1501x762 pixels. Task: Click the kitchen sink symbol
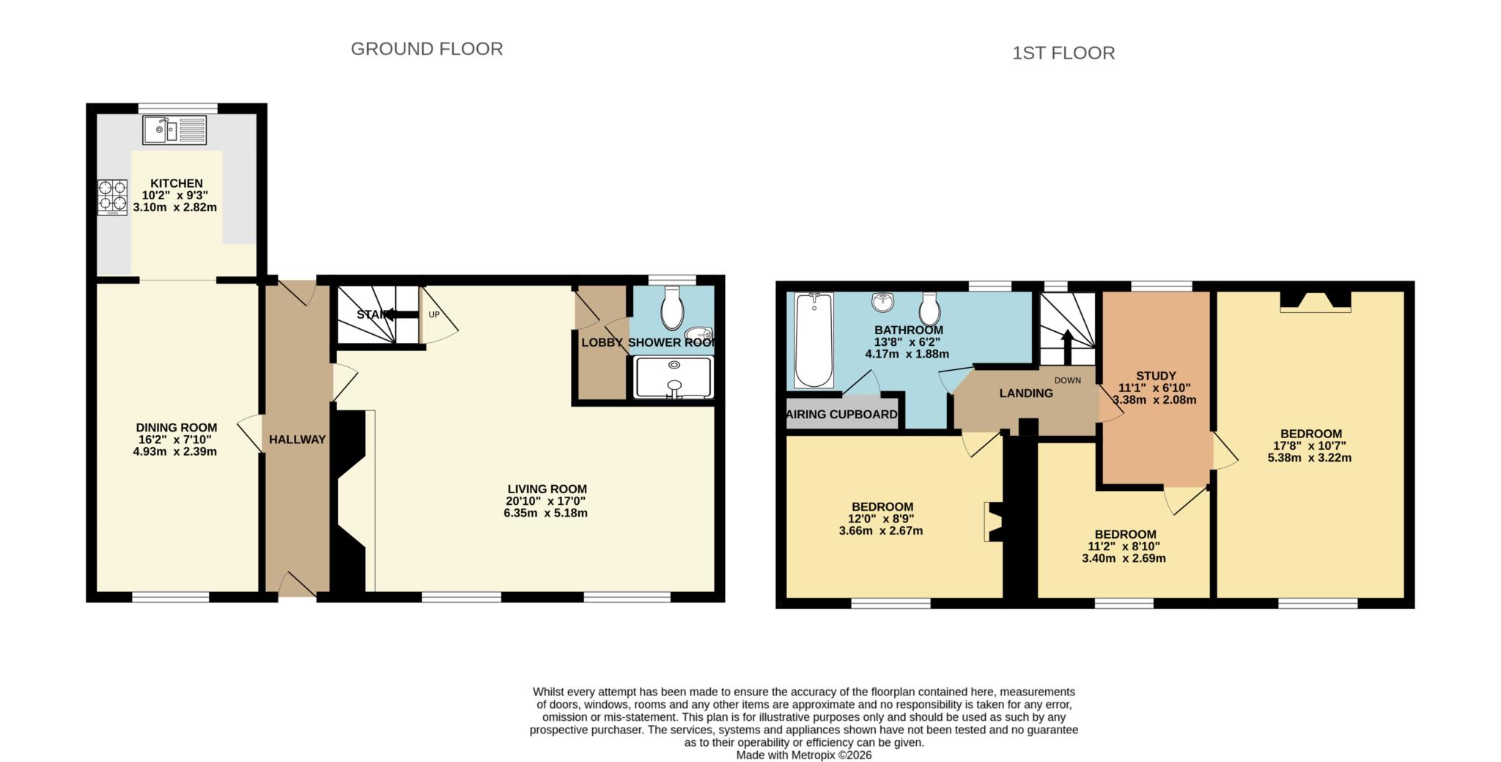click(x=174, y=130)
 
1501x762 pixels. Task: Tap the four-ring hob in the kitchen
click(x=112, y=197)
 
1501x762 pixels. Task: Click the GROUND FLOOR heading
click(x=427, y=49)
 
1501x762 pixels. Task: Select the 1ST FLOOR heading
click(x=1063, y=53)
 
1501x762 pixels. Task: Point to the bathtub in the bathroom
click(x=814, y=340)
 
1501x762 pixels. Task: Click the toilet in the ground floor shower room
click(x=672, y=308)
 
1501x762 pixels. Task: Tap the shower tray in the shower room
click(x=674, y=377)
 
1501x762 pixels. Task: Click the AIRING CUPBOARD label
click(x=841, y=415)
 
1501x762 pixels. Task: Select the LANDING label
click(x=1025, y=393)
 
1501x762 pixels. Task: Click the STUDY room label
click(x=1156, y=376)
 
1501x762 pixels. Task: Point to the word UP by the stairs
click(x=434, y=315)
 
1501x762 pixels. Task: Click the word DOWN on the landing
click(x=1067, y=380)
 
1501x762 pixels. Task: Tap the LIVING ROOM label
click(x=547, y=489)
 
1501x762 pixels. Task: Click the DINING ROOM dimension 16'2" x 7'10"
click(x=176, y=440)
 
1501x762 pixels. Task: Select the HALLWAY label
click(x=297, y=440)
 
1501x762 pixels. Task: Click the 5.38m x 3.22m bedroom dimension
click(x=1309, y=458)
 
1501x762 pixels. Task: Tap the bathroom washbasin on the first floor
click(x=884, y=302)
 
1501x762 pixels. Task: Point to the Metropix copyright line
click(x=803, y=755)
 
